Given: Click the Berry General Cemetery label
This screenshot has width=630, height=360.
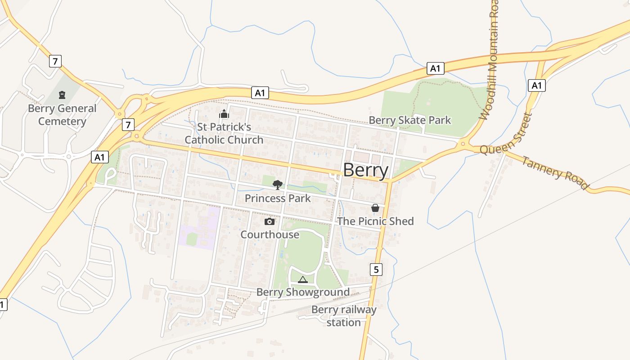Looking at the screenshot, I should click(x=62, y=115).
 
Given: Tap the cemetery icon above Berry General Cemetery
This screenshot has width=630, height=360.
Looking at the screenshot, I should click(x=62, y=95).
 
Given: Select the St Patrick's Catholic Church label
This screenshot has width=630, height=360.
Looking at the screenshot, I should click(x=224, y=133).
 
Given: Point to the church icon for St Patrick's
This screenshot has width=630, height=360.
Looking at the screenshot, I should click(x=224, y=114).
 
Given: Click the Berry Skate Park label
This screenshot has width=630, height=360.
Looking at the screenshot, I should click(x=409, y=120).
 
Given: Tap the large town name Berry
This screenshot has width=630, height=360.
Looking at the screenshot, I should click(x=365, y=171).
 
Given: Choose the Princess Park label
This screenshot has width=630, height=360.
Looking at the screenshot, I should click(x=278, y=198).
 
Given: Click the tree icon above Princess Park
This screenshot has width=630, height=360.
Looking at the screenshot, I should click(x=278, y=184).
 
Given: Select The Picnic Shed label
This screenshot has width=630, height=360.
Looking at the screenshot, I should click(x=375, y=221).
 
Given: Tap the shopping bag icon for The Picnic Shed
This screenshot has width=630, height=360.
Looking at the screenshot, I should click(x=375, y=208).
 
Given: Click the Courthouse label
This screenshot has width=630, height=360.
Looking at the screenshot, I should click(x=270, y=234).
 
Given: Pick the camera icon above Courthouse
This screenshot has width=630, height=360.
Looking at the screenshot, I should click(x=270, y=221).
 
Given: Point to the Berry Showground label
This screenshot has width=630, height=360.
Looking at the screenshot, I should click(x=303, y=292).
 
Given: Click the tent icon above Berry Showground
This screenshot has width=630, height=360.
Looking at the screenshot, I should click(x=303, y=279).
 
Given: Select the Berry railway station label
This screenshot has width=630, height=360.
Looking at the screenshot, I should click(x=344, y=316).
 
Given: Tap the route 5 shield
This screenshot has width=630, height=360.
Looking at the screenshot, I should click(x=376, y=269).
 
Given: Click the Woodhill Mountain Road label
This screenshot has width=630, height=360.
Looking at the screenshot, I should click(x=490, y=61).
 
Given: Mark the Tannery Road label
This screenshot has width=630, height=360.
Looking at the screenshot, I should click(x=555, y=173).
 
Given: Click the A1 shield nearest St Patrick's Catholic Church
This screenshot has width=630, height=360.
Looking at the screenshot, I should click(x=260, y=93).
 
